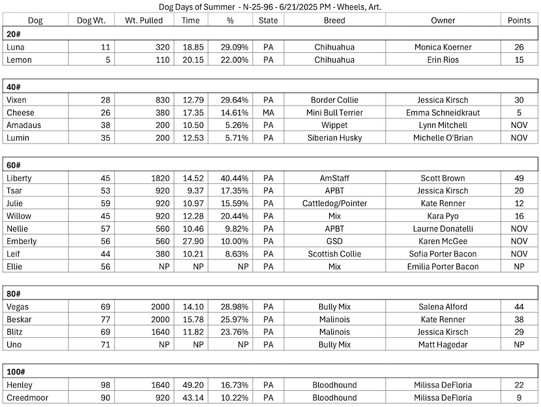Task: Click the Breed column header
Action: [x=334, y=20]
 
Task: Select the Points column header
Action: [x=519, y=20]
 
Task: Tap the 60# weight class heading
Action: [x=14, y=166]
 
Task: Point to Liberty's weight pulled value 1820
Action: [x=160, y=178]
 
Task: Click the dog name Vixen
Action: [x=16, y=100]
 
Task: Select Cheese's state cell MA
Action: [x=268, y=112]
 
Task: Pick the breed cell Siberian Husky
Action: [x=334, y=138]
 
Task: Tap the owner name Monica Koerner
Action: [x=443, y=47]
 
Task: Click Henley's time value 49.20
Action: [x=191, y=385]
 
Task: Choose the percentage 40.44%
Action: [x=230, y=178]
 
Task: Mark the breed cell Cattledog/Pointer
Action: [x=334, y=203]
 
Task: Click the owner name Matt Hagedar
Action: [x=443, y=344]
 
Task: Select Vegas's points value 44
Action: [x=519, y=306]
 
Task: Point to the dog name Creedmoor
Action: [x=27, y=397]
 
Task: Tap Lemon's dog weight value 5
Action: [x=108, y=59]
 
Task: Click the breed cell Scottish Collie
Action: [x=334, y=254]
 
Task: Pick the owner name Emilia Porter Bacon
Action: [x=443, y=266]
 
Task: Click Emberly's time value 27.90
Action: [x=191, y=241]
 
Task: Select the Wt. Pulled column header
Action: [x=145, y=20]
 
